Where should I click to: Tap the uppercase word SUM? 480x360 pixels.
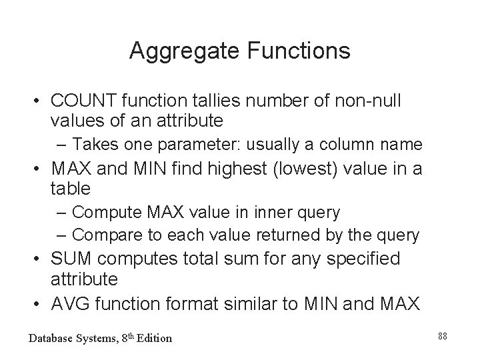[x=71, y=259]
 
